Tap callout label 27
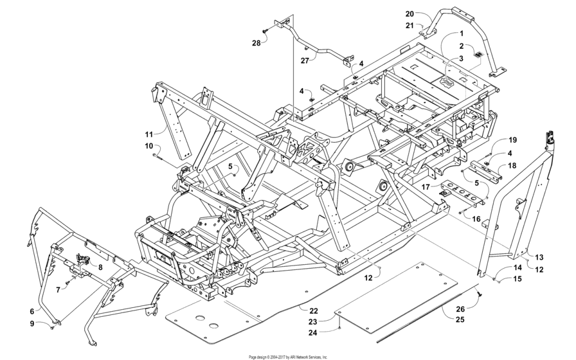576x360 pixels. point(305,60)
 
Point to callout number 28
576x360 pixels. point(256,42)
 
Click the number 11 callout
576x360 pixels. point(148,134)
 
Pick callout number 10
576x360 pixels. point(148,146)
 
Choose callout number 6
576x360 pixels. point(31,311)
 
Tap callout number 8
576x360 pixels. point(100,266)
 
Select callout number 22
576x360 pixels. point(312,309)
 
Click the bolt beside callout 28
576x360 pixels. point(265,30)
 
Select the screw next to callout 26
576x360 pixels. point(479,292)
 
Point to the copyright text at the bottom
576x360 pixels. point(288,356)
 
